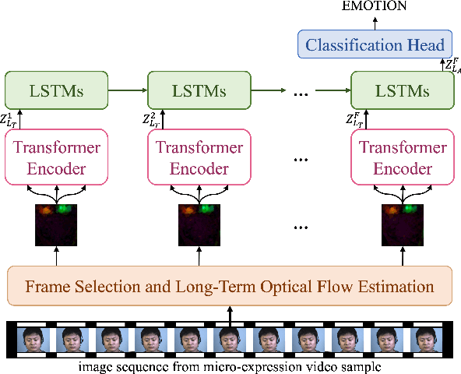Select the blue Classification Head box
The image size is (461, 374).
[375, 44]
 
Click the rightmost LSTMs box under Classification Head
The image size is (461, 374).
[401, 91]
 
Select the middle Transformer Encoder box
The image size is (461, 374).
[198, 158]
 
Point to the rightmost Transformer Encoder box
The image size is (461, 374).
[401, 158]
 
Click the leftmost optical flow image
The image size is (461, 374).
[55, 224]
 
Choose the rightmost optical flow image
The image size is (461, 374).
[401, 224]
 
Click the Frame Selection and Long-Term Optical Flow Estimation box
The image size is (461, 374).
[230, 286]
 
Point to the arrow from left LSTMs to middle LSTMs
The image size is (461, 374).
[126, 91]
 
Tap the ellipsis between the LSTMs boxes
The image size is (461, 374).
[301, 93]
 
